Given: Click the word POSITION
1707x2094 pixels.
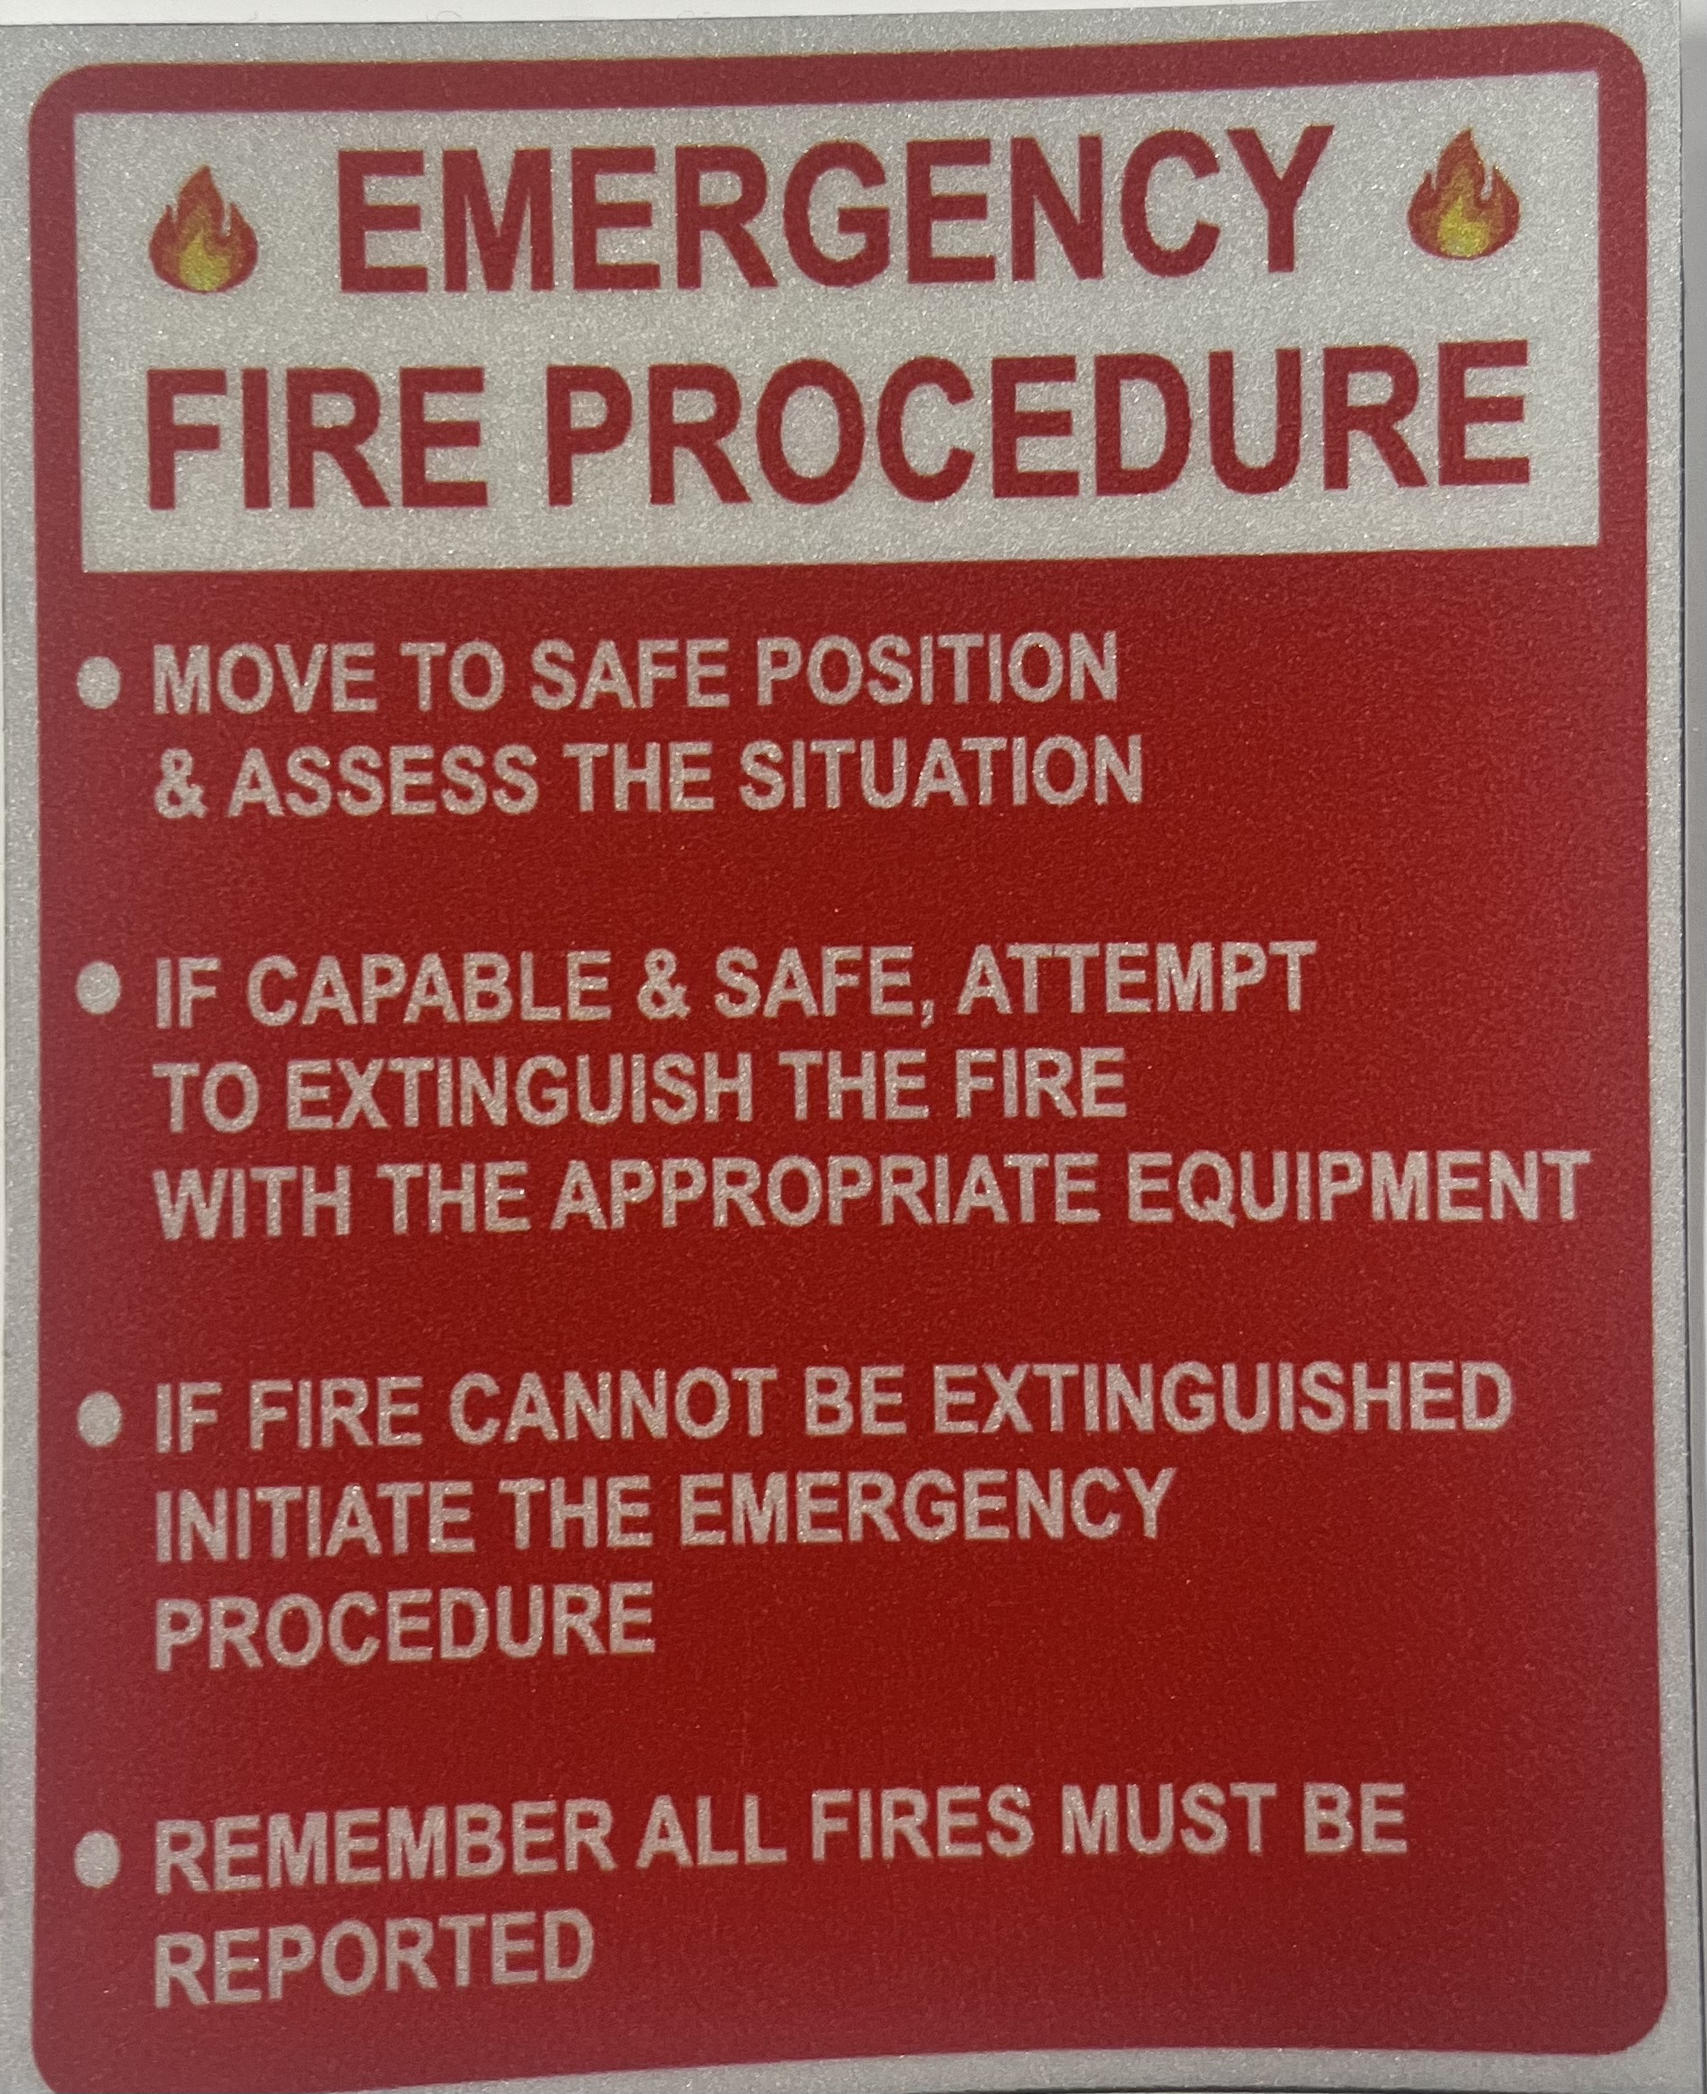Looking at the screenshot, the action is [934, 669].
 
